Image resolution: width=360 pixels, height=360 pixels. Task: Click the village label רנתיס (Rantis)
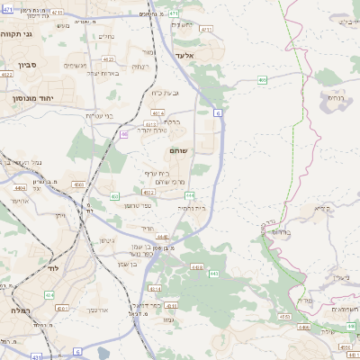pos(335,97)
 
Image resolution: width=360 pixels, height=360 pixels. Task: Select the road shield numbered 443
pos(213,274)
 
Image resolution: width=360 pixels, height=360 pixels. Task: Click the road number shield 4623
pos(109,59)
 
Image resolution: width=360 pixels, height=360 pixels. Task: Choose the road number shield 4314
pos(154,289)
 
